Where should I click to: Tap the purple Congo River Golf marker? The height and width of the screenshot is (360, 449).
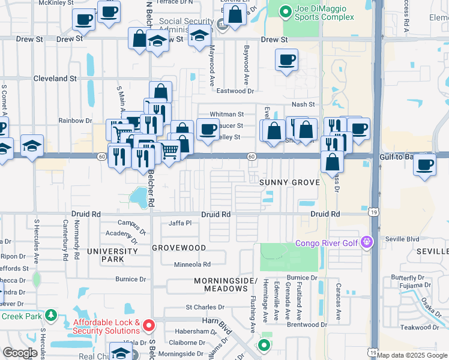[367, 243]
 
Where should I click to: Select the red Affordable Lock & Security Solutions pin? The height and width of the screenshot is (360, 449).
[149, 326]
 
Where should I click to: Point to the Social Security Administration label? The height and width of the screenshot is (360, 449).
[185, 26]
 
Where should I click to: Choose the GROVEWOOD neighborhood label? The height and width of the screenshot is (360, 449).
[179, 248]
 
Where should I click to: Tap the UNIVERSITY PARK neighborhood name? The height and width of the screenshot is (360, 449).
[112, 255]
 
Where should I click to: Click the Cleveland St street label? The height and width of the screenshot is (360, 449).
[55, 79]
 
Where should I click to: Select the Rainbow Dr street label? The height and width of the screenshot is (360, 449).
[75, 121]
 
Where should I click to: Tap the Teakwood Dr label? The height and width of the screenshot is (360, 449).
[420, 327]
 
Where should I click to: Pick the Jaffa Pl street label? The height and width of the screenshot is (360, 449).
[179, 223]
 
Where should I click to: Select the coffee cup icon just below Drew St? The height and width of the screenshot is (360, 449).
[286, 60]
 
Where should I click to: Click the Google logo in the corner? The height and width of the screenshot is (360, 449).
[20, 353]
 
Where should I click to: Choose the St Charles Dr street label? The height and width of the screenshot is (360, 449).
[205, 307]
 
